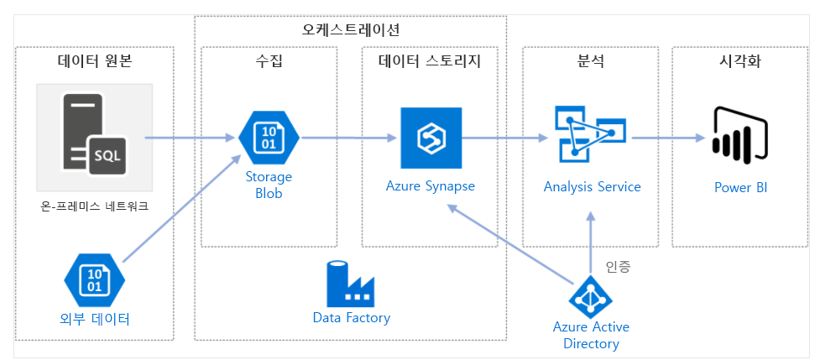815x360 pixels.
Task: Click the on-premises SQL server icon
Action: coord(94,138)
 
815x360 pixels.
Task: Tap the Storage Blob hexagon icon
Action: coord(269,138)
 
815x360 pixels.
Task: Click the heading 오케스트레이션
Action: coord(351,29)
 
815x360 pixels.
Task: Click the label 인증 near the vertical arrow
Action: coord(618,267)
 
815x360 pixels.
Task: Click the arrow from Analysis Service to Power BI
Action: coord(668,138)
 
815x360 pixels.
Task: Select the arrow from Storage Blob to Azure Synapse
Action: coord(348,138)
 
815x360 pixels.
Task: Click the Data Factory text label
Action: coord(351,318)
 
